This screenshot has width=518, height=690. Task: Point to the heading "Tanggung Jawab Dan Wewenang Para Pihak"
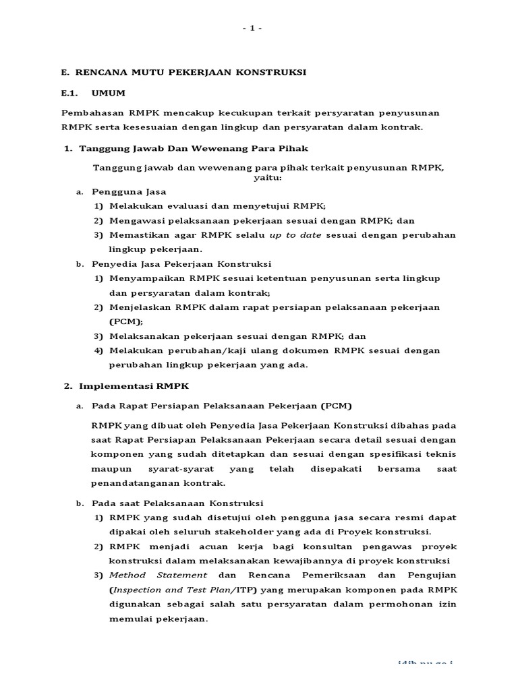point(194,148)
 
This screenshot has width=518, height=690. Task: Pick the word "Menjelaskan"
point(141,307)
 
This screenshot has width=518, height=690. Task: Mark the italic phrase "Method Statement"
point(158,575)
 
